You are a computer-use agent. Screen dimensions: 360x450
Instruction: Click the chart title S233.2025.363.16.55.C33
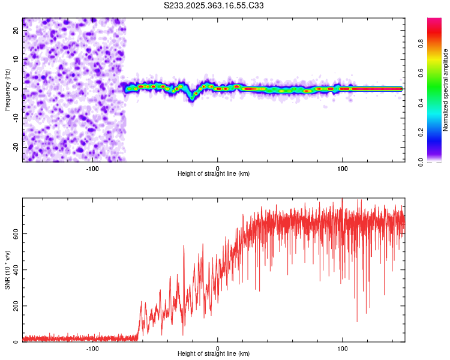(214, 5)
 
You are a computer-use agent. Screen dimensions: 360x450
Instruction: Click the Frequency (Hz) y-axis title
(7, 89)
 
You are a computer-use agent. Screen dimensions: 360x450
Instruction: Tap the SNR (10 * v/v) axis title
(7, 269)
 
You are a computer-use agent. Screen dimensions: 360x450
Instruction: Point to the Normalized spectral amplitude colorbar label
(446, 90)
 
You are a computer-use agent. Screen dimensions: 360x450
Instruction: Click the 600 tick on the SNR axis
(14, 233)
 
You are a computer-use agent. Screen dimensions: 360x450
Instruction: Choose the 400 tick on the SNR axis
(14, 269)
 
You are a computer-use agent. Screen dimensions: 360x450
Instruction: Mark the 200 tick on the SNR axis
(14, 306)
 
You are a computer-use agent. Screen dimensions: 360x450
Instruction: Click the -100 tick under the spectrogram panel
(92, 168)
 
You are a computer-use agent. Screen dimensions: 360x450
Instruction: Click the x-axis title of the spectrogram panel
(214, 174)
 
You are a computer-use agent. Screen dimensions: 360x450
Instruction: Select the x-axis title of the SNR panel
(214, 354)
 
